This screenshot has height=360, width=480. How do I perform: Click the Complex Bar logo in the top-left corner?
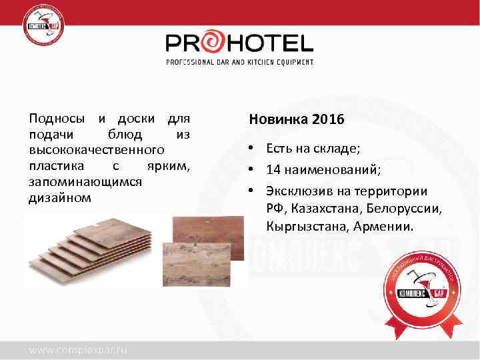45,27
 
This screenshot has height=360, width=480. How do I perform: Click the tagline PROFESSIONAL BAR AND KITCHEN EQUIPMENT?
239,62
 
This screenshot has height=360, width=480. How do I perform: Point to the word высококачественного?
97,151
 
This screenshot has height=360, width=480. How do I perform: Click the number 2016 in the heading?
327,121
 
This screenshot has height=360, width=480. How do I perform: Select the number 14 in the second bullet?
273,170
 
